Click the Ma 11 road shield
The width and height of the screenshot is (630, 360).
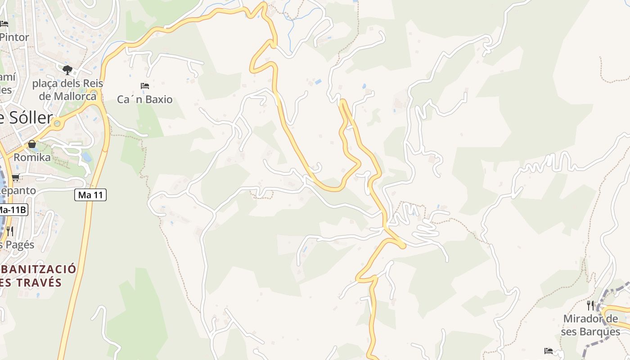click(x=90, y=195)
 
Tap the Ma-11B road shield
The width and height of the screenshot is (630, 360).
click(x=13, y=210)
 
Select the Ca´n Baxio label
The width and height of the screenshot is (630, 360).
click(x=144, y=99)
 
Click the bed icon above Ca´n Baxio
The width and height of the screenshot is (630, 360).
click(x=145, y=85)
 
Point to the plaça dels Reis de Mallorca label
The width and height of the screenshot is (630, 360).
click(x=67, y=90)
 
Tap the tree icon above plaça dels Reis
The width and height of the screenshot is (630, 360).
click(x=67, y=70)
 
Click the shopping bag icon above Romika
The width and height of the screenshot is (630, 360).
click(x=32, y=144)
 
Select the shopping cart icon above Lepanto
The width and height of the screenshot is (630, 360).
click(x=16, y=177)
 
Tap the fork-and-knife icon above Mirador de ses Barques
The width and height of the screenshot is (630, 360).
click(x=590, y=306)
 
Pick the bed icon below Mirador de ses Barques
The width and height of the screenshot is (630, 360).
click(x=549, y=351)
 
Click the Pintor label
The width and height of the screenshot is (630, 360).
click(x=14, y=37)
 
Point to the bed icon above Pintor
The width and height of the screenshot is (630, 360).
click(x=4, y=23)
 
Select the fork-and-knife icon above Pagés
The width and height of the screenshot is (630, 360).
click(x=9, y=231)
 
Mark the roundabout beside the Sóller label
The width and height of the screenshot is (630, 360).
click(x=57, y=123)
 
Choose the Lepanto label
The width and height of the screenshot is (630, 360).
click(x=18, y=191)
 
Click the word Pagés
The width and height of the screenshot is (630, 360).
click(x=18, y=245)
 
